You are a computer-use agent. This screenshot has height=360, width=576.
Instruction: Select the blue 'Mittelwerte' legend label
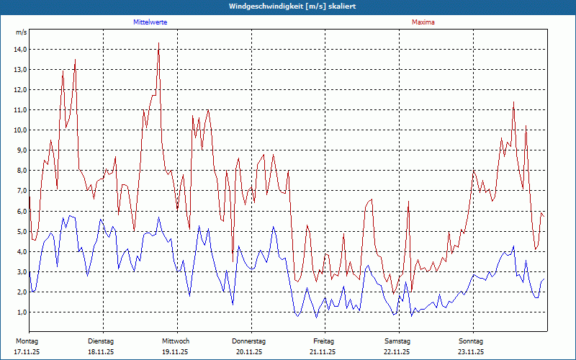click(x=150, y=22)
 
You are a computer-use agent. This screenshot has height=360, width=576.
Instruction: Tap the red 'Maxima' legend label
click(x=423, y=22)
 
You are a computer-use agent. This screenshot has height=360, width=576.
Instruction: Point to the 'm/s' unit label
click(x=22, y=33)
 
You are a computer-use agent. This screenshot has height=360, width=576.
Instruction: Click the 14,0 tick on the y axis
click(x=20, y=49)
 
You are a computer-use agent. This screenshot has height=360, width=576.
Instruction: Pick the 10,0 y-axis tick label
click(x=20, y=130)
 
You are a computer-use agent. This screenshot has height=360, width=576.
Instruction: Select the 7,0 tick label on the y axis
click(x=20, y=191)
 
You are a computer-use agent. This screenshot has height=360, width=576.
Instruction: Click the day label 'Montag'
click(x=27, y=341)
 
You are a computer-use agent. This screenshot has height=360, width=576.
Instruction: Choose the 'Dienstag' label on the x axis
click(x=101, y=341)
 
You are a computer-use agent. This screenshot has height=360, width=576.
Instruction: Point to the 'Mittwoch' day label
click(x=176, y=341)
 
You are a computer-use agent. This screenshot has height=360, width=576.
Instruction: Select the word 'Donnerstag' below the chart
click(x=249, y=341)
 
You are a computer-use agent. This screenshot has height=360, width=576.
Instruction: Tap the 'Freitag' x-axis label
click(x=324, y=341)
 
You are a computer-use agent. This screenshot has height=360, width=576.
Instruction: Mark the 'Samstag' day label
click(x=397, y=341)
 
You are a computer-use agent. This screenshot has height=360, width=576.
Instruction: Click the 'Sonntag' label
click(x=471, y=341)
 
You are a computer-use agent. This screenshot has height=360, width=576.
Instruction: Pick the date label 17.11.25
click(x=27, y=352)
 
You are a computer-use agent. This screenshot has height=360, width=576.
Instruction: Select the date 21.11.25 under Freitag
click(x=323, y=352)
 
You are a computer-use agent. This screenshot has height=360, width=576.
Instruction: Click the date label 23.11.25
click(x=470, y=352)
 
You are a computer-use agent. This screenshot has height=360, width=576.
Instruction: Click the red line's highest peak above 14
click(x=158, y=43)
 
